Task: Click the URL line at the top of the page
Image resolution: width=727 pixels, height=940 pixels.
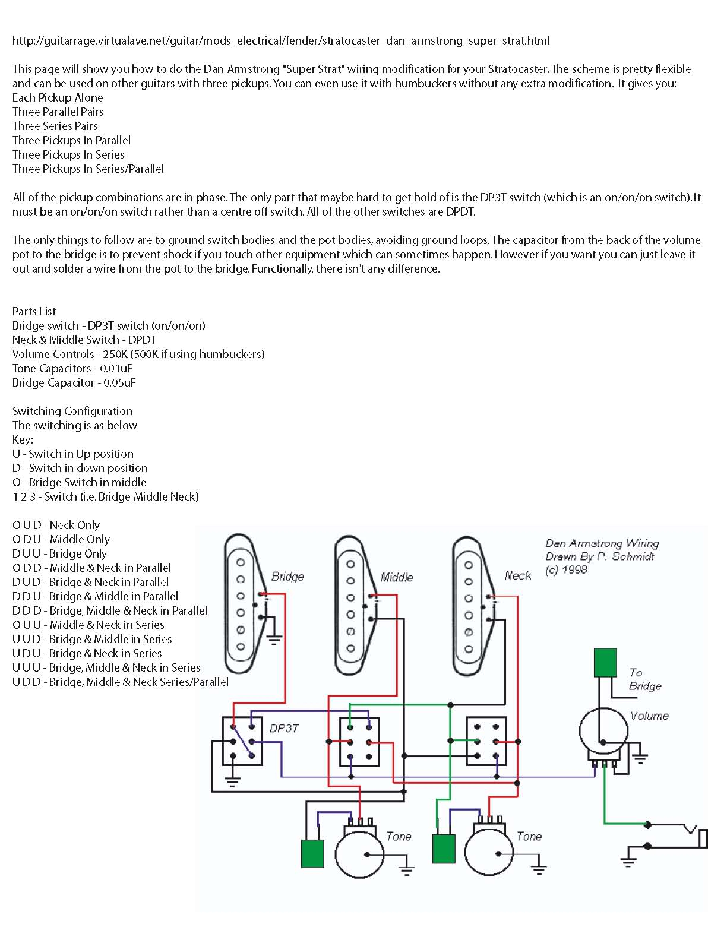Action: pos(281,41)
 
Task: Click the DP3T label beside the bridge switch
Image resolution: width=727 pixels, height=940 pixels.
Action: pos(284,728)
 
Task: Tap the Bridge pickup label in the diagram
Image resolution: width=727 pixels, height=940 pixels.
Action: pos(287,577)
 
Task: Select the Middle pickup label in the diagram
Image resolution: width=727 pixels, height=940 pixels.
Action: pos(397,577)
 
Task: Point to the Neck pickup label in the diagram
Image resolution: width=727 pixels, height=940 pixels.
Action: pos(518,575)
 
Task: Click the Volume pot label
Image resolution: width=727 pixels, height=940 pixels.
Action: pos(649,716)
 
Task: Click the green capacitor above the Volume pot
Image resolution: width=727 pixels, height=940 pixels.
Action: pos(605,662)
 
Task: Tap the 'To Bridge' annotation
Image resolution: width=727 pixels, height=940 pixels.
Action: pos(644,679)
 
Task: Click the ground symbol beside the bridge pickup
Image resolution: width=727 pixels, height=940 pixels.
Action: pos(274,640)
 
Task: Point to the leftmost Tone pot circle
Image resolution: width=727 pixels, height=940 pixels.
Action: pos(359,854)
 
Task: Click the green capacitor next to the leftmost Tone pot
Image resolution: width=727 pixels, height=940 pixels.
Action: pos(312,853)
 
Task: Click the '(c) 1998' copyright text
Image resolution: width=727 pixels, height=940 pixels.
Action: pos(566,569)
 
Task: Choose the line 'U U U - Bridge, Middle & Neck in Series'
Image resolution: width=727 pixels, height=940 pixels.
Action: pos(106,667)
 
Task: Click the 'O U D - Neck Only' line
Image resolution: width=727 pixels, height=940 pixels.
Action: pos(56,525)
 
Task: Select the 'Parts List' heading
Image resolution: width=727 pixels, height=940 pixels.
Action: pos(34,311)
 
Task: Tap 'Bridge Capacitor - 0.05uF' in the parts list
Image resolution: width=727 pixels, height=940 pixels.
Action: pos(74,382)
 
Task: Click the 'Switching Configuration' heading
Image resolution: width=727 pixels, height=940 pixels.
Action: pos(72,411)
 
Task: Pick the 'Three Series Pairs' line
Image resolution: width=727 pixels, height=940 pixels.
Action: pos(55,126)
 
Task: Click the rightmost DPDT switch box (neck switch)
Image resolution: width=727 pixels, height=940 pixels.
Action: pos(486,741)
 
